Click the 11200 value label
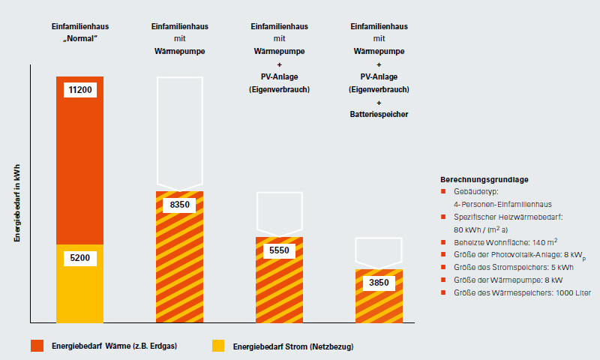coord(80,90)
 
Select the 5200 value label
coord(80,258)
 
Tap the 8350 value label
coord(180,204)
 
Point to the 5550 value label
coord(280,250)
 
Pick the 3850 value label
coord(379,283)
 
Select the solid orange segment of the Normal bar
coord(80,165)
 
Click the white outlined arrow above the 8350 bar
coord(180,131)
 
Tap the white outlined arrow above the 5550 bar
coord(280,212)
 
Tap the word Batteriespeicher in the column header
coord(379,115)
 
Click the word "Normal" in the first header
coord(80,38)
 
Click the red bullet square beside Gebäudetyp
coord(444,191)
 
